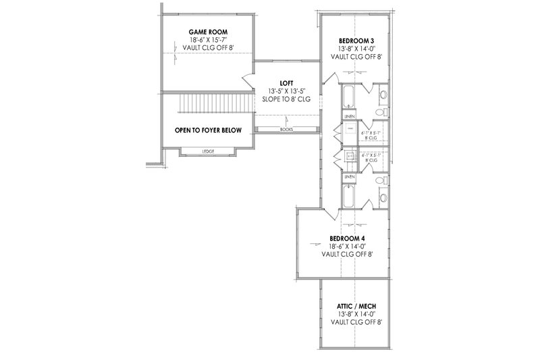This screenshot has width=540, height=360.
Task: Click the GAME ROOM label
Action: [x=208, y=32]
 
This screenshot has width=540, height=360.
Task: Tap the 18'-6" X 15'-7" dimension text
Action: [x=208, y=41]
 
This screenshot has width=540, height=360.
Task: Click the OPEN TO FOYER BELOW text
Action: [x=208, y=130]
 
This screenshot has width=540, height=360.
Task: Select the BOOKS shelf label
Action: [x=286, y=128]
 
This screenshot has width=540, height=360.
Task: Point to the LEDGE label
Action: [x=208, y=151]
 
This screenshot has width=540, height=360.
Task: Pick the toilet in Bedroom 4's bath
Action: [x=382, y=197]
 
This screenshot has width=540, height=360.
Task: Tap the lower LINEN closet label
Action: [x=349, y=177]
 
